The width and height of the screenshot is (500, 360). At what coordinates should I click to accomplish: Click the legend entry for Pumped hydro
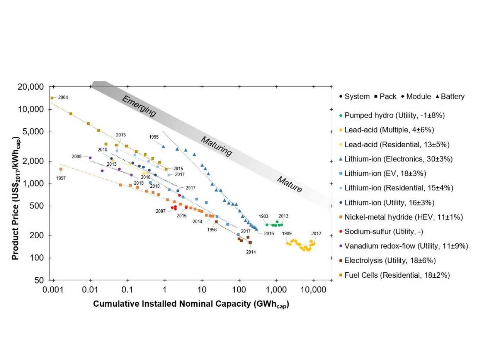tap(394, 115)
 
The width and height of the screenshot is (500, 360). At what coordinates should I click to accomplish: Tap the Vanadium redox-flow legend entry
tap(406, 246)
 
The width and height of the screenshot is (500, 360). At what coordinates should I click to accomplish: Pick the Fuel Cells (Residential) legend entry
tap(397, 275)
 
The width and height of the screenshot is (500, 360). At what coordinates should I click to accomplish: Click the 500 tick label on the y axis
tap(37, 206)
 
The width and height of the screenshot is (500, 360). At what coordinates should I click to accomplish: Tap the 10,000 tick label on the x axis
tap(313, 290)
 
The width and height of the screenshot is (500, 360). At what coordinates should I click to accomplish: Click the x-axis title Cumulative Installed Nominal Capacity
tap(191, 304)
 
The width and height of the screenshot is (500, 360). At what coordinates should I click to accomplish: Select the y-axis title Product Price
tap(15, 198)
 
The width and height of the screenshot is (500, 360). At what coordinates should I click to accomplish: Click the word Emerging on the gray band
tap(139, 106)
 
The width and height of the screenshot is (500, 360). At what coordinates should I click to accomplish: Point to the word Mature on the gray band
tap(289, 184)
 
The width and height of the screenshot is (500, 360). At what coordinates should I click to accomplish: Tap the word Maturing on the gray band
tap(216, 146)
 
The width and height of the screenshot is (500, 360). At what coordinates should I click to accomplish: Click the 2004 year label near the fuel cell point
tap(63, 98)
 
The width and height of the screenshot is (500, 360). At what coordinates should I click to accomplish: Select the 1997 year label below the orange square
tap(61, 178)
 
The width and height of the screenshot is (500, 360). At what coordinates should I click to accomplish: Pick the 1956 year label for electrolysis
tap(212, 230)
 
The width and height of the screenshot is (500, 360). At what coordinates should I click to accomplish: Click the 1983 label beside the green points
tap(264, 216)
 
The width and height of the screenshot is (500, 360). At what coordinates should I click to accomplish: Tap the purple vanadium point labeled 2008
tap(90, 158)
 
